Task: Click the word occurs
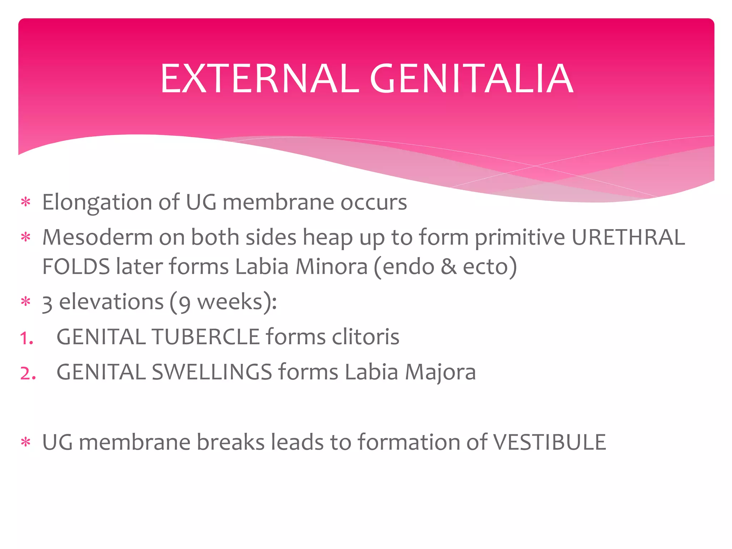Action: point(374,202)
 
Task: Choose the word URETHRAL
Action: point(628,237)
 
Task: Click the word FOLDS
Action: point(76,267)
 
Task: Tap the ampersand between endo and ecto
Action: point(449,267)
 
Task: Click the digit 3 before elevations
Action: point(47,303)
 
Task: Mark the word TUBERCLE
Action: point(206,337)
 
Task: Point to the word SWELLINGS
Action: point(212,372)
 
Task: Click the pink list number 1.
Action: point(26,338)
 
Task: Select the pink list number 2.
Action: point(28,373)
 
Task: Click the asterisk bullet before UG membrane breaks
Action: point(26,442)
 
